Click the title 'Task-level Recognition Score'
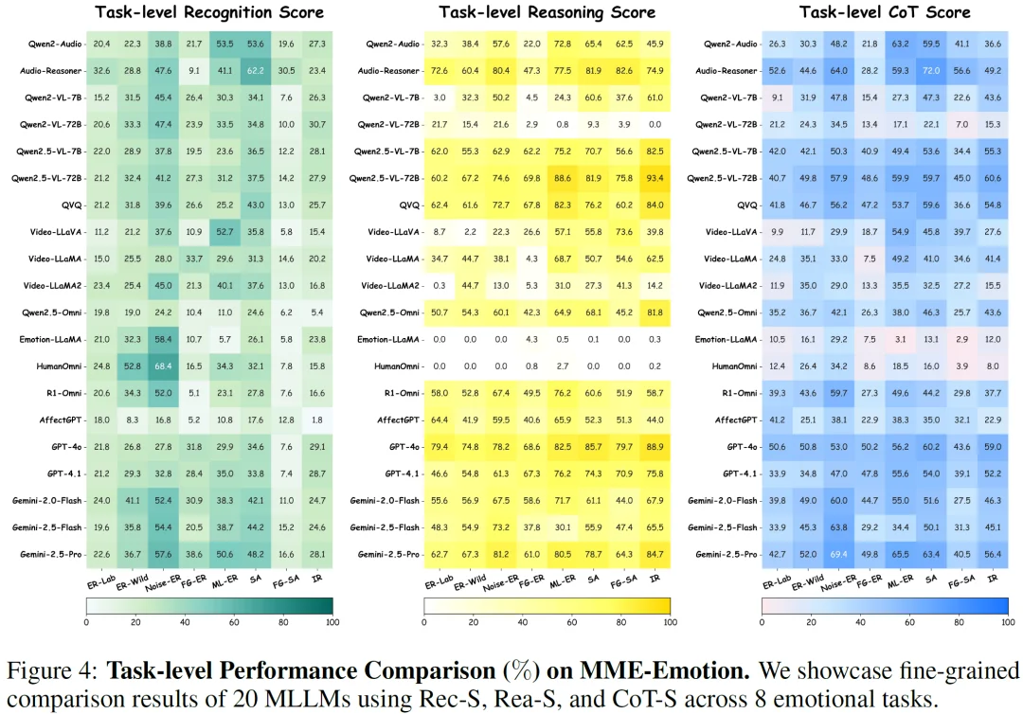click(x=209, y=12)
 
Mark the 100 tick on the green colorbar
click(x=332, y=623)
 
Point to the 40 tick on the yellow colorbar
click(x=522, y=623)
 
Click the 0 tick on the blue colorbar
click(x=763, y=623)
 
